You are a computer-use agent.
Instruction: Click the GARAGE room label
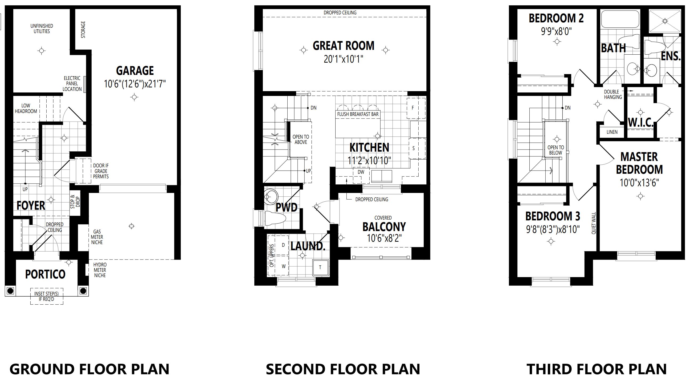coord(135,71)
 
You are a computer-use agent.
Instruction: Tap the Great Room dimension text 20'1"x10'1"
coord(344,59)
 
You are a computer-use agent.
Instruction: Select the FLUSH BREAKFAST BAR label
coord(358,114)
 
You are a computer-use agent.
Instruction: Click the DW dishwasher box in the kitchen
coord(361,176)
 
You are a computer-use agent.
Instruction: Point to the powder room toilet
coord(275,218)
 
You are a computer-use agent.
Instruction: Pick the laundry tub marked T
coord(320,267)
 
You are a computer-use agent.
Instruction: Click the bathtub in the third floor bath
coord(620,19)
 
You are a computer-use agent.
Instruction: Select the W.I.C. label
coord(640,123)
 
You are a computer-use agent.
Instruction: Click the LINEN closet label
coord(612,132)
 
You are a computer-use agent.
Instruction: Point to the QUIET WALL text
coord(594,223)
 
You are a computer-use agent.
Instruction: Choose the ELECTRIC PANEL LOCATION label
coord(72,83)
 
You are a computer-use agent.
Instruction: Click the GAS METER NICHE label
coord(97,237)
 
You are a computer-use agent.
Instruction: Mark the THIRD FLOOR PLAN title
coord(597,369)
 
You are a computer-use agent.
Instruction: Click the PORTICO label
coord(45,274)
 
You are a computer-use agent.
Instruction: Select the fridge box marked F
coord(416,108)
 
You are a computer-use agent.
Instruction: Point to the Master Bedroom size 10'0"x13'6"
coord(639,183)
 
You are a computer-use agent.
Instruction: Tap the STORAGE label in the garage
coord(83,30)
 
